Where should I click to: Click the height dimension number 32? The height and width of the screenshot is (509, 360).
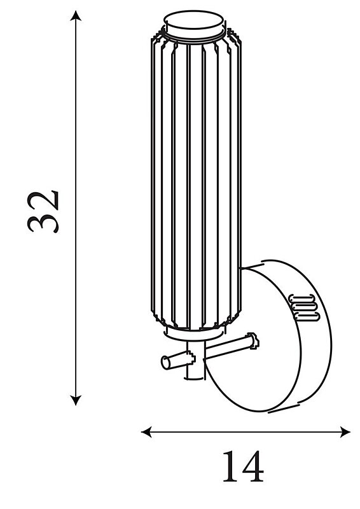point(43,212)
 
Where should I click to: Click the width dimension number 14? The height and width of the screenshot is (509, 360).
point(243,466)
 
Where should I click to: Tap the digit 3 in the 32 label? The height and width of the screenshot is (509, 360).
point(43,224)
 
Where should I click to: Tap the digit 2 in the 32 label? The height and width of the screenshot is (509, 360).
point(43,200)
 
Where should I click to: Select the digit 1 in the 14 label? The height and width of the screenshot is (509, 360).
point(231,466)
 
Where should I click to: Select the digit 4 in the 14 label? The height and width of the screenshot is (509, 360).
point(253,466)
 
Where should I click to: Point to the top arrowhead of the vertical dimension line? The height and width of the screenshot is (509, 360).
point(76,15)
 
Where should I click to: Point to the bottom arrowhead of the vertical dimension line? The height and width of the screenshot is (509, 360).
point(76,400)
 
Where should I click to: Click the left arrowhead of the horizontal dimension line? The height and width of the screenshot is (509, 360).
point(147,432)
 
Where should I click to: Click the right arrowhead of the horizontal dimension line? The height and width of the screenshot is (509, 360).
point(345,432)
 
